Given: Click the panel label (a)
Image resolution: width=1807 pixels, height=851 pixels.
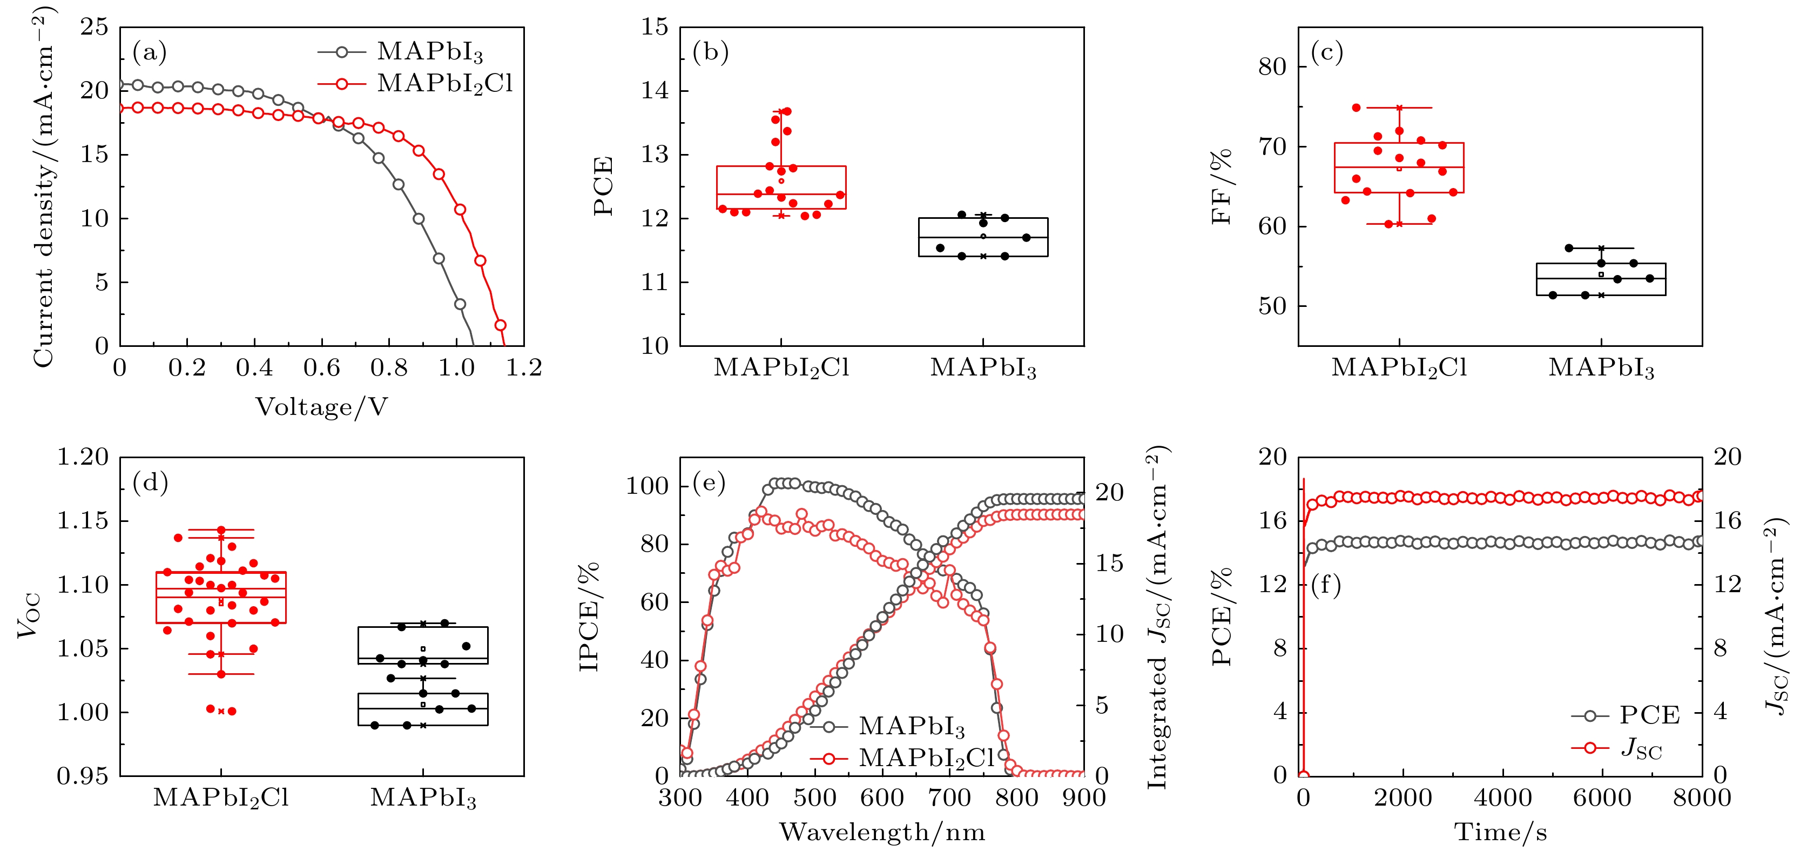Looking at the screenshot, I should click(150, 52).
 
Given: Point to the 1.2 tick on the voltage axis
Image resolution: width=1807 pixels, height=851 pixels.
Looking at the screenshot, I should click(524, 367).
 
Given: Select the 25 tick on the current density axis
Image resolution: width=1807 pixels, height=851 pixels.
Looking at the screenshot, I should click(94, 28).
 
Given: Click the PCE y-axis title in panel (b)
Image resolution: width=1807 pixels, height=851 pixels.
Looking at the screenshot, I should click(603, 186).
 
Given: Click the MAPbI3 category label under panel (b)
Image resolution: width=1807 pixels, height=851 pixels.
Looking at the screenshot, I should click(983, 367).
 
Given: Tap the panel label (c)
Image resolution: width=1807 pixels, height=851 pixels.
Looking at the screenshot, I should click(1326, 52).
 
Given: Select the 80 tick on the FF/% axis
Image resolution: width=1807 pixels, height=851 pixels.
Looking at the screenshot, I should click(1272, 66).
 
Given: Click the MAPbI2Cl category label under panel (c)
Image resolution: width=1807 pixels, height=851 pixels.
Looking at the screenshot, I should click(1399, 367).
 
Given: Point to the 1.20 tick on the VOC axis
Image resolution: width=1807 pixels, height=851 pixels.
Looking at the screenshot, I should click(83, 458).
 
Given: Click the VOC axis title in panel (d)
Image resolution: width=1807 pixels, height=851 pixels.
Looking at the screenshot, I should click(30, 616).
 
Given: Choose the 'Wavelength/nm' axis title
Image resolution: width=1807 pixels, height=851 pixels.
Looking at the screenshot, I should click(882, 833).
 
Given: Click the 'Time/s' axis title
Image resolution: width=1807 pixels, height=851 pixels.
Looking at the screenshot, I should click(1500, 833).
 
